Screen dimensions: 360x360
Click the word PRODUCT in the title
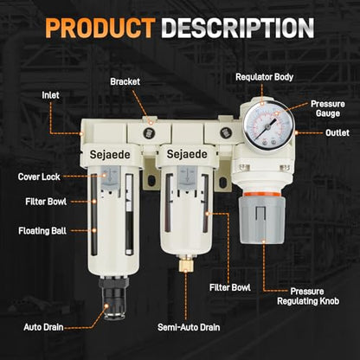click(x=100, y=28)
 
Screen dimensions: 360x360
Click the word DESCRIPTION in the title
click(x=238, y=28)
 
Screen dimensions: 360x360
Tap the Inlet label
click(x=50, y=95)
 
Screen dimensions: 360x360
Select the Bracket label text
click(x=125, y=81)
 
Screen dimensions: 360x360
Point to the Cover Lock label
click(x=39, y=177)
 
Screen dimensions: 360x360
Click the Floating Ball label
click(x=42, y=231)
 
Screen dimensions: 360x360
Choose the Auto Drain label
click(x=43, y=327)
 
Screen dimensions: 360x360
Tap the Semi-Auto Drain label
click(x=189, y=327)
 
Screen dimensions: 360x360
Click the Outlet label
click(x=337, y=132)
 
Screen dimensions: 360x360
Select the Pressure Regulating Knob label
click(x=308, y=296)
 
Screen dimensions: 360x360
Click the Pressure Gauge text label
click(x=327, y=108)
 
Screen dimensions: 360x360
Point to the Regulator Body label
click(x=264, y=77)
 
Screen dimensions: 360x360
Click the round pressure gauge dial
click(x=268, y=125)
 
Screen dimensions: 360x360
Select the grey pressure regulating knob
click(x=261, y=220)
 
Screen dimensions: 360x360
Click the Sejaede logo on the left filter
click(x=110, y=155)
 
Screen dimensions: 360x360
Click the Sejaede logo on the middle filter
click(x=187, y=154)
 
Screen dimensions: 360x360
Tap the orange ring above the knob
click(x=261, y=194)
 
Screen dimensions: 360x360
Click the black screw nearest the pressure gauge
click(x=226, y=133)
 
